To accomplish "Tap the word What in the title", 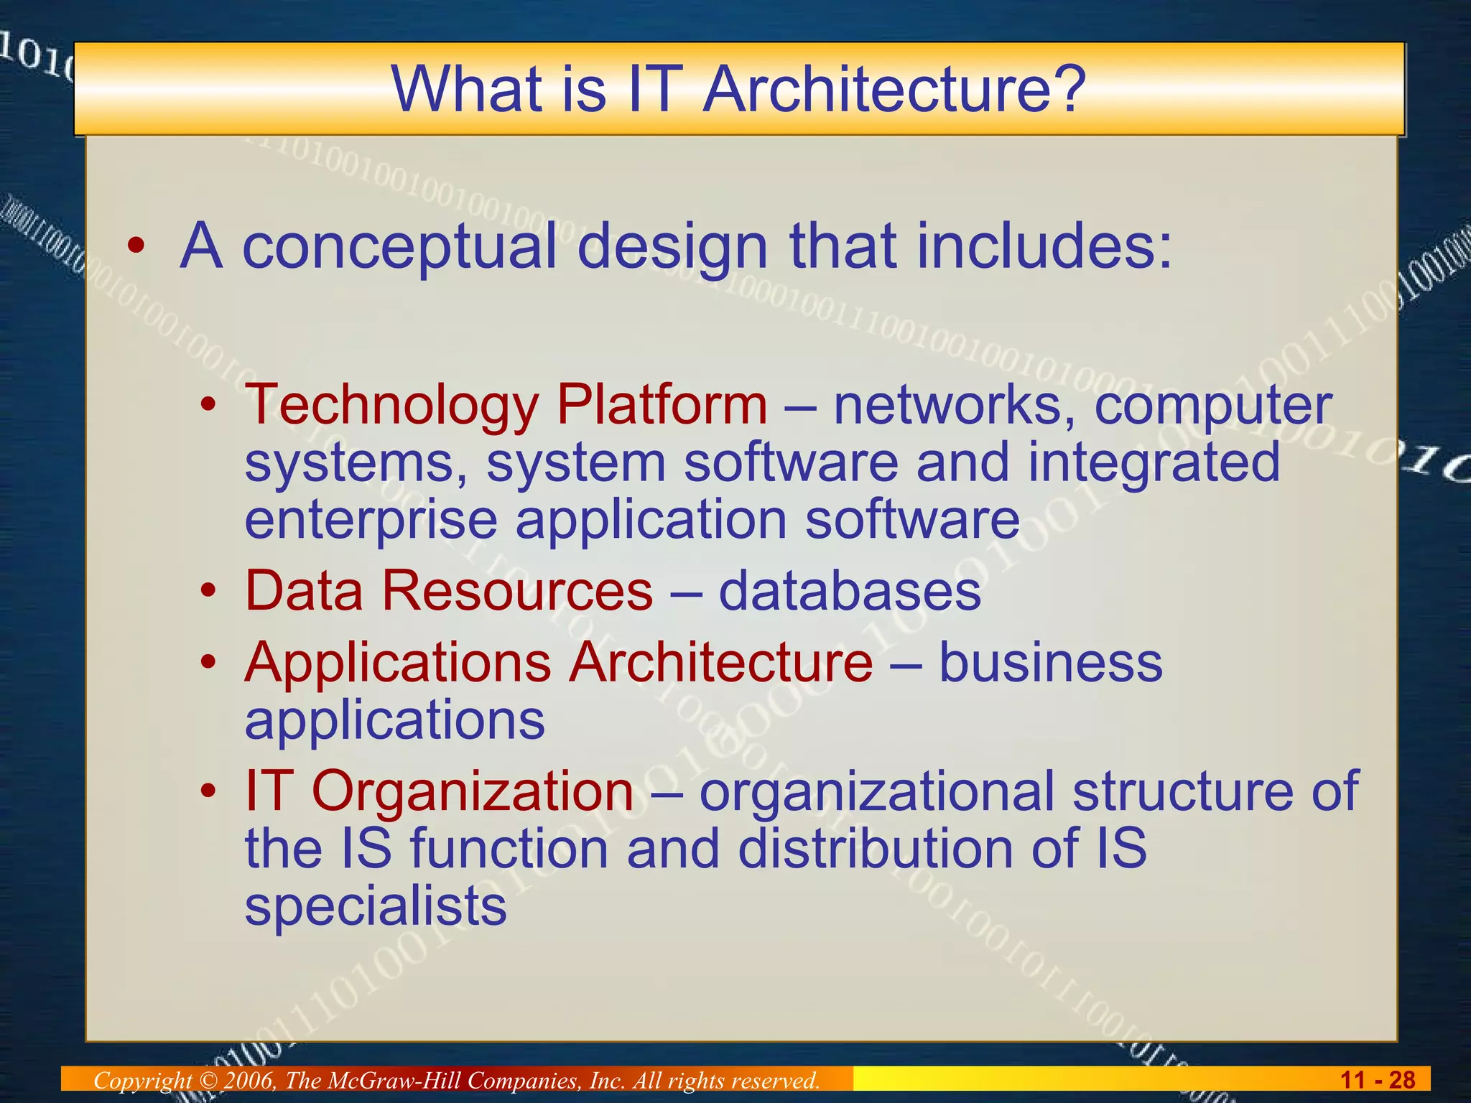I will tap(467, 90).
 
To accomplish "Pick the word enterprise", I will tap(371, 521).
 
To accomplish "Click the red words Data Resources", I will tap(449, 591).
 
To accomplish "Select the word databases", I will tap(850, 591).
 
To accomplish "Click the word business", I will tap(1050, 662).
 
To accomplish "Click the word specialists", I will tap(376, 907).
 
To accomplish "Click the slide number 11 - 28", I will tap(1378, 1080).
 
